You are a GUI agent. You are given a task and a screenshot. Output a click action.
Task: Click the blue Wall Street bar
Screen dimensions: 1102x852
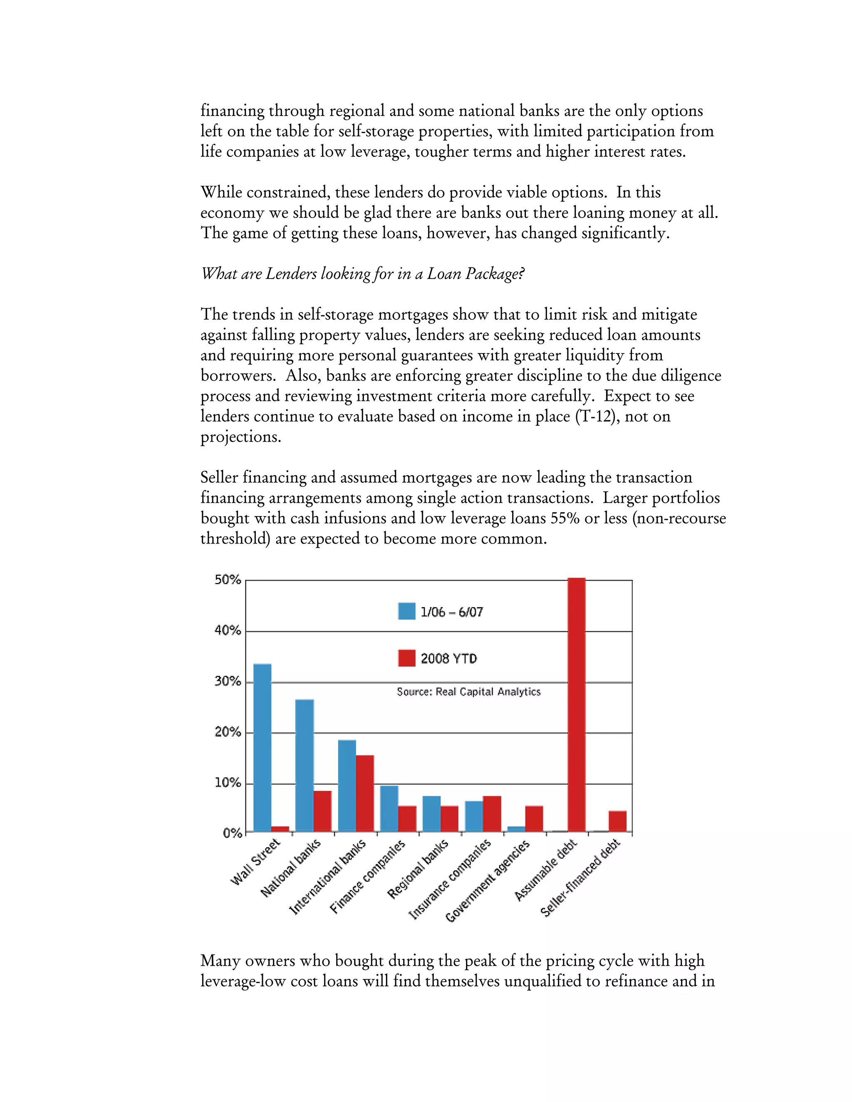click(x=262, y=747)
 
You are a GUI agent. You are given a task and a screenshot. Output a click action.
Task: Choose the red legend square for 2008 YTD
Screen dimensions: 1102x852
click(x=406, y=658)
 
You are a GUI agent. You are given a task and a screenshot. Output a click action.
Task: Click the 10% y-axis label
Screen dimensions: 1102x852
click(x=228, y=783)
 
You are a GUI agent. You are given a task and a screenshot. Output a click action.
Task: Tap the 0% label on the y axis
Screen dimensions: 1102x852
click(x=232, y=833)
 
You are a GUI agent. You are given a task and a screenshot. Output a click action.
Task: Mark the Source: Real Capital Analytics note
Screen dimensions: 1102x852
click(x=468, y=692)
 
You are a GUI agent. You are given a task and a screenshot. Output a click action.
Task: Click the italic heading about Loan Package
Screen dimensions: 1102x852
click(x=362, y=274)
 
